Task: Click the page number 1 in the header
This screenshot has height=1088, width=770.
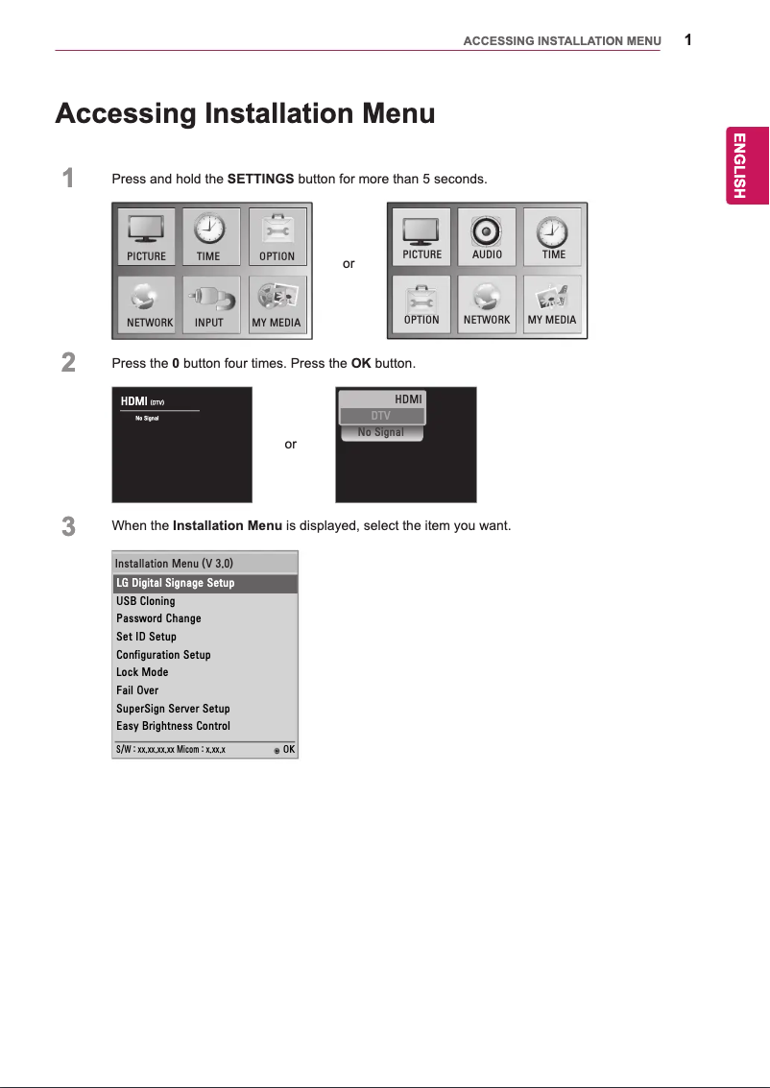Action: pyautogui.click(x=688, y=39)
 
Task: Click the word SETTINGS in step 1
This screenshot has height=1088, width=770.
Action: pyautogui.click(x=260, y=180)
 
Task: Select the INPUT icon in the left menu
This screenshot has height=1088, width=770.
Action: pyautogui.click(x=209, y=304)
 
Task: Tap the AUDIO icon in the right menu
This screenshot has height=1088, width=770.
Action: pyautogui.click(x=487, y=237)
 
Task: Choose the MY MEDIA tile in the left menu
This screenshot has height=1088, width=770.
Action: pyautogui.click(x=277, y=304)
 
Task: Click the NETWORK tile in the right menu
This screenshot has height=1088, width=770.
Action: pyautogui.click(x=487, y=304)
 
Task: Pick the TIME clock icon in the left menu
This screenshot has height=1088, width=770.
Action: pyautogui.click(x=208, y=237)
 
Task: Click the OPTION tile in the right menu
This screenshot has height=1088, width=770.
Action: pyautogui.click(x=421, y=304)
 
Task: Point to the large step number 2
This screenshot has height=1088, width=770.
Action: pyautogui.click(x=68, y=363)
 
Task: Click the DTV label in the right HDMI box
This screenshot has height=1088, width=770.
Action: pyautogui.click(x=381, y=416)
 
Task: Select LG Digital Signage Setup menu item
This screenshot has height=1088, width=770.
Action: pyautogui.click(x=176, y=583)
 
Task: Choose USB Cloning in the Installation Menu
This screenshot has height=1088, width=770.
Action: pyautogui.click(x=146, y=601)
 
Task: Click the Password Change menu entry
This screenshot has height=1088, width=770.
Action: pyautogui.click(x=158, y=618)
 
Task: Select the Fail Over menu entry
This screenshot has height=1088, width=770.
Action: pyautogui.click(x=137, y=690)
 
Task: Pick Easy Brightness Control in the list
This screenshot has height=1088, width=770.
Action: pyautogui.click(x=173, y=726)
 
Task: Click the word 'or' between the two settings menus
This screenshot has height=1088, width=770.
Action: pyautogui.click(x=349, y=263)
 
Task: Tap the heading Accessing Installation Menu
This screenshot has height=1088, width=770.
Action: pyautogui.click(x=245, y=114)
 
